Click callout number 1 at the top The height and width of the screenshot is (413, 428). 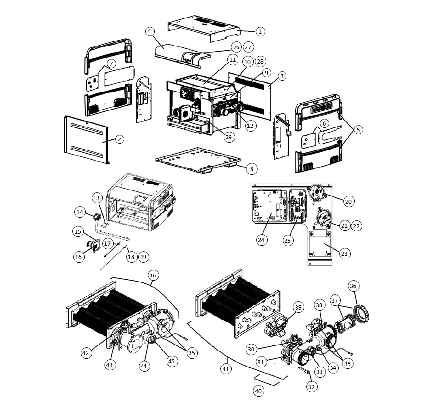pyautogui.click(x=260, y=31)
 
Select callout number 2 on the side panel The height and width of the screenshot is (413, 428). pyautogui.click(x=119, y=139)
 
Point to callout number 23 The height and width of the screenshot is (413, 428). pyautogui.click(x=344, y=253)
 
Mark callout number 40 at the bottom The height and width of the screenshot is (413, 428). pyautogui.click(x=258, y=391)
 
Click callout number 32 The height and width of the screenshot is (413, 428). pyautogui.click(x=311, y=387)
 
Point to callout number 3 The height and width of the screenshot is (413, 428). pyautogui.click(x=282, y=76)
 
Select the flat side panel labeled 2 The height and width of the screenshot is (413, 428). pyautogui.click(x=87, y=139)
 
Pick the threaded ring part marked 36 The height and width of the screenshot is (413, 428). pyautogui.click(x=361, y=313)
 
